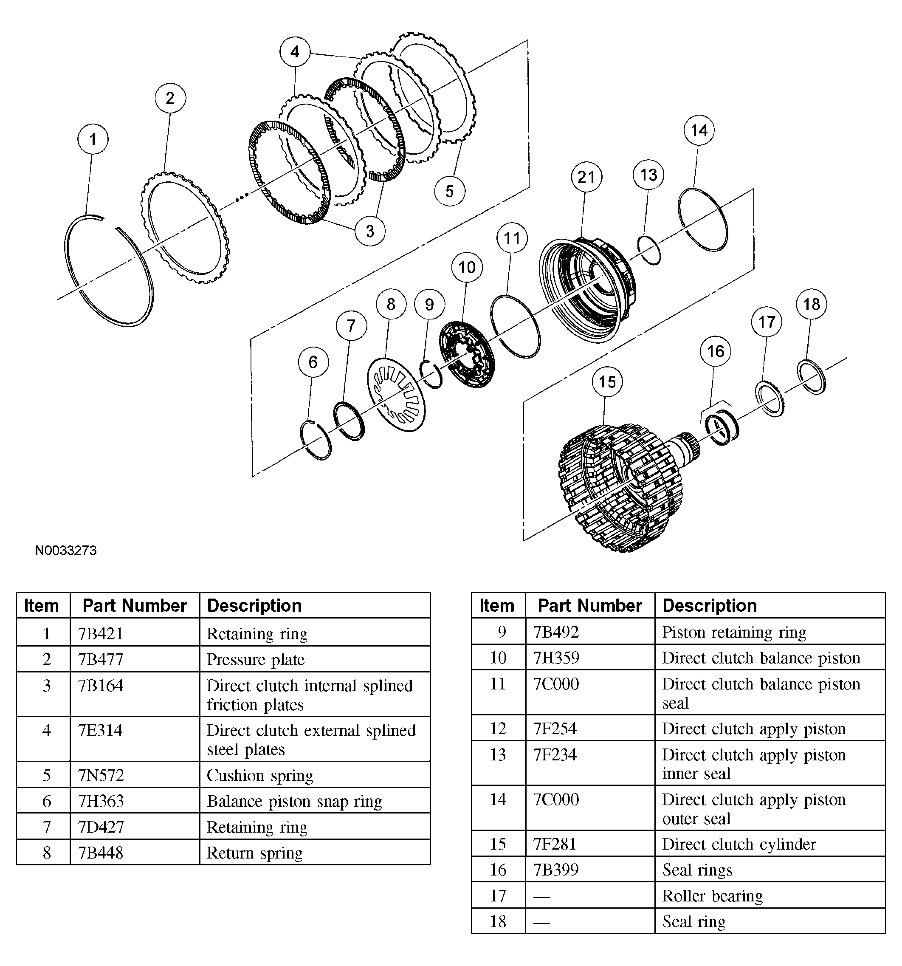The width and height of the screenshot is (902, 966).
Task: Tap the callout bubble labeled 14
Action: coord(699,130)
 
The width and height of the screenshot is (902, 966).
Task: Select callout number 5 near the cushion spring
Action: coord(449,191)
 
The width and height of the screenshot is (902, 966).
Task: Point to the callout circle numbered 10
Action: coord(466,267)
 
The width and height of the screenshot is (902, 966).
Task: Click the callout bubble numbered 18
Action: coord(811,305)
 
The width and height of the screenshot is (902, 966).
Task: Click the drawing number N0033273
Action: coord(65,551)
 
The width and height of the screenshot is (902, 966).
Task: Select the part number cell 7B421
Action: coord(101,634)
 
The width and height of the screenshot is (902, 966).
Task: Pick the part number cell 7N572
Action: coord(101,775)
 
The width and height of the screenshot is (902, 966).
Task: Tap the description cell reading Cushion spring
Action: coord(260,775)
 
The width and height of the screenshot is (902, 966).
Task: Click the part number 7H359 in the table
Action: coord(556,658)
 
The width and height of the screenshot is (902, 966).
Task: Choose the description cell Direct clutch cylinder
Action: coord(739,844)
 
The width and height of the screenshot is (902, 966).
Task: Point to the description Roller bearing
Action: coord(713,895)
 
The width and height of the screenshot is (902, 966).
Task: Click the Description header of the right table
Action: coord(709,605)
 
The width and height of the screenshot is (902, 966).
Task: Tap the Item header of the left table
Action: coord(41,605)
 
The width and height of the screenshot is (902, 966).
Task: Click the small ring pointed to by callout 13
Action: coord(649,250)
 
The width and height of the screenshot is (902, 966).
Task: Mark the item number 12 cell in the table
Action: coord(498,729)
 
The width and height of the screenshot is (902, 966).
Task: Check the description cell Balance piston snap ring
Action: coord(294,801)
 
